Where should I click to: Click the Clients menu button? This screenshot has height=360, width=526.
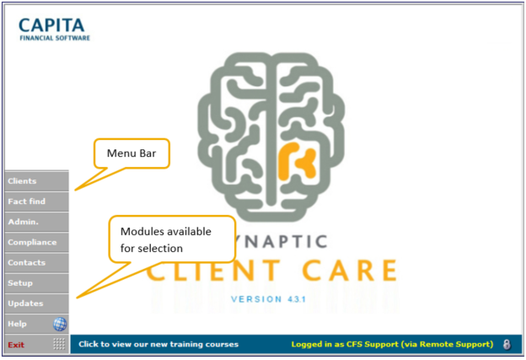36,181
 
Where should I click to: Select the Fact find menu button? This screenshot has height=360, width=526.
36,201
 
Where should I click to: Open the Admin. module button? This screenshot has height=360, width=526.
36,222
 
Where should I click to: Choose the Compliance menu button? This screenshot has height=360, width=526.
36,242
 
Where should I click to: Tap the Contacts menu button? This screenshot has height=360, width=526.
36,262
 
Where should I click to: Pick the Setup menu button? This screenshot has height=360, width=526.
36,282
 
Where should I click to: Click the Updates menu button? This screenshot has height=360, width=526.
36,303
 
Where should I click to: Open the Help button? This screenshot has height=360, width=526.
25,324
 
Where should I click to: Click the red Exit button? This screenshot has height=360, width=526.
25,344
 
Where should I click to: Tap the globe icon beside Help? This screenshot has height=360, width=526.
60,324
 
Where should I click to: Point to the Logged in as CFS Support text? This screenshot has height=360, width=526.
392,344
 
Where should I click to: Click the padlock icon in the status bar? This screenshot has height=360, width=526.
507,344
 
